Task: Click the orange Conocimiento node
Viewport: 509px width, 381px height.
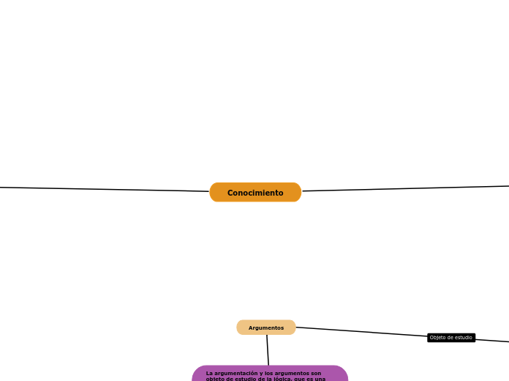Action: click(x=255, y=193)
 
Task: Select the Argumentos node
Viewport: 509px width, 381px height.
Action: click(x=266, y=328)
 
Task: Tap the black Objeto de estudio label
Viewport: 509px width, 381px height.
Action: click(x=451, y=338)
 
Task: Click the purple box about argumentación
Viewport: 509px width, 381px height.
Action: click(x=270, y=374)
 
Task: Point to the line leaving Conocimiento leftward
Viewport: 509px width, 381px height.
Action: click(x=102, y=189)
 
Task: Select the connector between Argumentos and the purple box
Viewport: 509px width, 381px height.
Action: click(x=268, y=350)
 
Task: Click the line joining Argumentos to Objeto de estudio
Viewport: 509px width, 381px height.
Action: click(x=362, y=332)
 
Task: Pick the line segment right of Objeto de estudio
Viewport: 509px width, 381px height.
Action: click(x=492, y=340)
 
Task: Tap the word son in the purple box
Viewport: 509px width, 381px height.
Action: click(x=316, y=373)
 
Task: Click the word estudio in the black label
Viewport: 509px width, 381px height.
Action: click(x=463, y=338)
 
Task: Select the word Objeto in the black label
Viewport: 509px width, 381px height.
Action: click(x=437, y=338)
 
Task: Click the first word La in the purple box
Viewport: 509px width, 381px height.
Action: click(x=209, y=373)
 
